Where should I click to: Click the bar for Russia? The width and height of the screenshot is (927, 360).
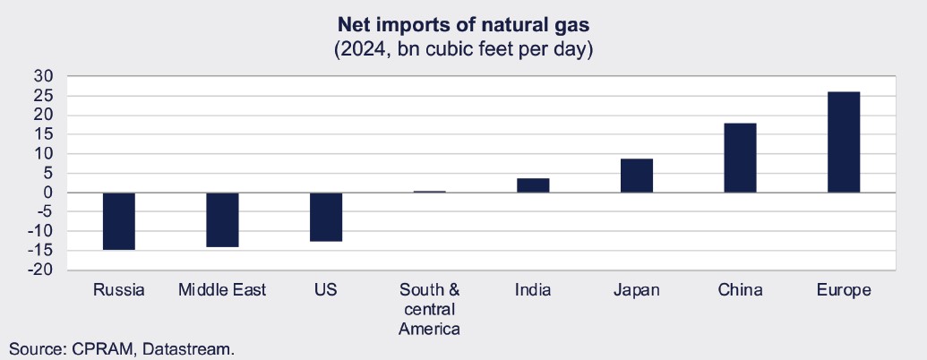pos(118,220)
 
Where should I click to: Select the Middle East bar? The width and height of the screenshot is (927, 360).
pos(222,219)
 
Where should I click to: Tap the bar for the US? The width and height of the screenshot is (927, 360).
pos(326,217)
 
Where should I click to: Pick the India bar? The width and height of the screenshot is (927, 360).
pos(533,185)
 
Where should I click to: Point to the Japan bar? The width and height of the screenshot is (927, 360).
pos(637,176)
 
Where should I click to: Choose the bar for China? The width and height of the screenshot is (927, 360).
pos(740,158)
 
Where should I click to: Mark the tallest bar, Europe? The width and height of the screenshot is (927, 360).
pos(844,141)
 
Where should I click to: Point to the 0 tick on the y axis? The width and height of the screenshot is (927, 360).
pos(50,193)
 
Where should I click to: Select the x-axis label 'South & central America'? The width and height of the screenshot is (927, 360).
pos(430,309)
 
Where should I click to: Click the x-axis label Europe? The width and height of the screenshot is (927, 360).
pos(844,290)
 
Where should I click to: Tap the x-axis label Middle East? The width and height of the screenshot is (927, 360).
pos(222,290)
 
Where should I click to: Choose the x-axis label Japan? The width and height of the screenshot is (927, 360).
pos(637,290)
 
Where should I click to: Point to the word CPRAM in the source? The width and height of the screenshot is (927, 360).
pos(107,348)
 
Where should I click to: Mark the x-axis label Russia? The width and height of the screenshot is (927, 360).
pos(118,290)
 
